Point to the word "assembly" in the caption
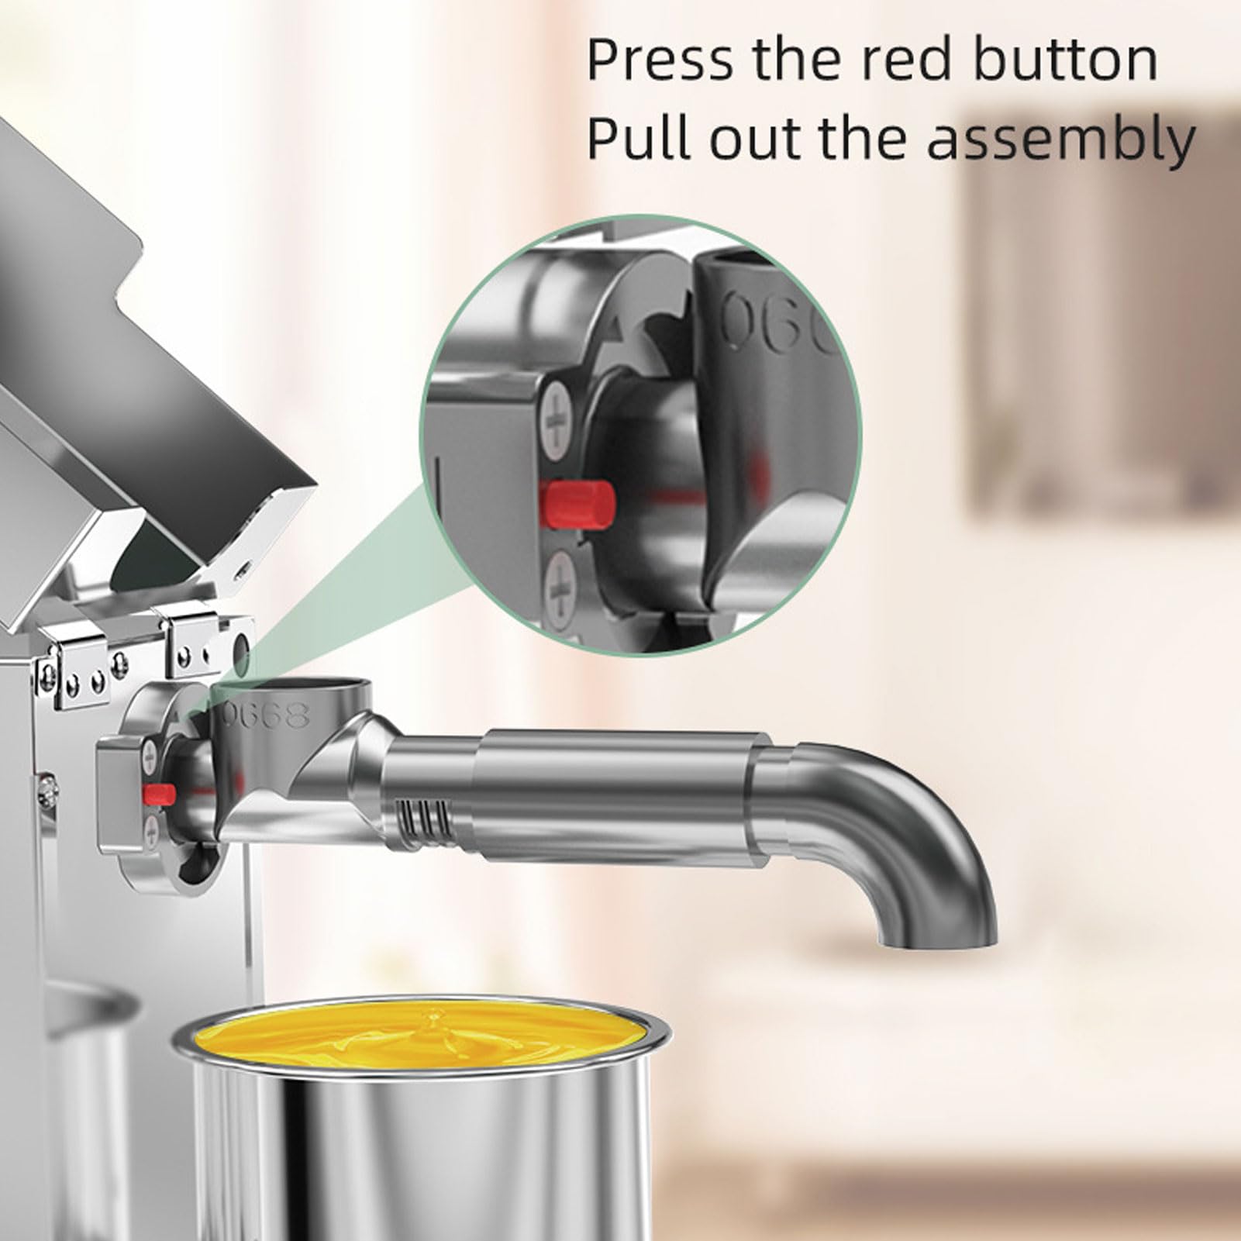click(x=1061, y=140)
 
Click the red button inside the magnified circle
click(x=579, y=502)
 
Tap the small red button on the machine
click(x=159, y=792)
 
